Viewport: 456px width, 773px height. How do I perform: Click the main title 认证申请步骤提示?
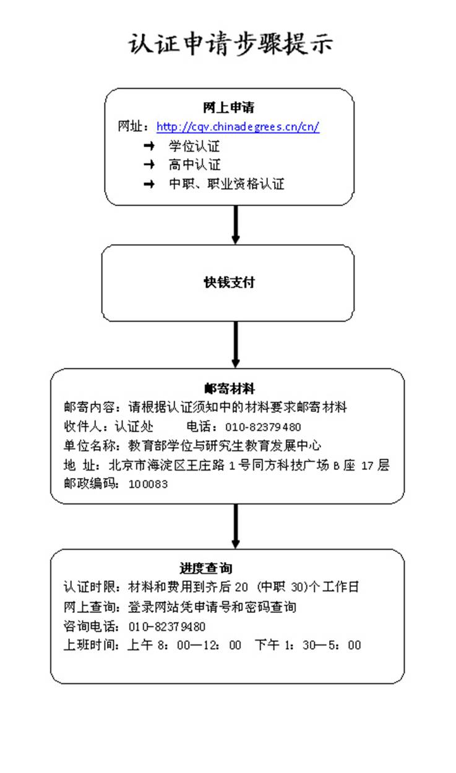pos(231,45)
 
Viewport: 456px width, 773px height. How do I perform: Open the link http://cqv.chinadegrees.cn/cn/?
pos(238,127)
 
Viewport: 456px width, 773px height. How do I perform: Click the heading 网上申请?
pos(228,108)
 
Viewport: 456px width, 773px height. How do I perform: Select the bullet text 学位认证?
pos(194,147)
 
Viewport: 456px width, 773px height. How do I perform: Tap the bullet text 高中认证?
pos(194,165)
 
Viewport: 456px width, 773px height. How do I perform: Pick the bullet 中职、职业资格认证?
pos(226,184)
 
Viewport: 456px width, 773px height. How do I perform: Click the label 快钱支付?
pos(229,283)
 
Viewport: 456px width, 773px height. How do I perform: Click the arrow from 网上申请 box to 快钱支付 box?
pos(235,224)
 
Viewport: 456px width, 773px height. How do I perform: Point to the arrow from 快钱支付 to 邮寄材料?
pos(235,344)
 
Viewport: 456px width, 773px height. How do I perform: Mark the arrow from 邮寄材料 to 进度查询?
pos(235,526)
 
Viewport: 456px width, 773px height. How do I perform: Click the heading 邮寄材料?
pos(229,388)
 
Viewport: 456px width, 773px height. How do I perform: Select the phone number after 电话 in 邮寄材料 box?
pos(263,427)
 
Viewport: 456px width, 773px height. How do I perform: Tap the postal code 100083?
pos(148,484)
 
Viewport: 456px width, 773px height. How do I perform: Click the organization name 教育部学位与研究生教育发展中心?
pos(225,446)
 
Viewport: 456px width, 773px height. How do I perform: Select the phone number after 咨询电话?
pos(167,626)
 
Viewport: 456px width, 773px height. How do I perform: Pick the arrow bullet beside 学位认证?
pos(148,147)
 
